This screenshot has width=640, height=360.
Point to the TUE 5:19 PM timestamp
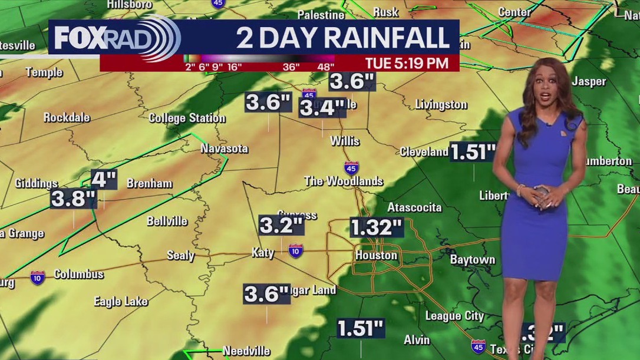[x=407, y=62]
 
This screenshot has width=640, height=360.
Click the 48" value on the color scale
[x=326, y=67]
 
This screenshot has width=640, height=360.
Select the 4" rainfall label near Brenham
[x=104, y=179]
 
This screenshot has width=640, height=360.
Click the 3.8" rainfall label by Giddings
[x=73, y=199]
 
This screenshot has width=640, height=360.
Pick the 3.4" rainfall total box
[x=322, y=108]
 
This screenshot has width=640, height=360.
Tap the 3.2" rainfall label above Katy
[x=281, y=224]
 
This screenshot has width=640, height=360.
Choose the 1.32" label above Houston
[x=376, y=227]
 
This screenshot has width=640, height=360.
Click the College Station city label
[x=187, y=118]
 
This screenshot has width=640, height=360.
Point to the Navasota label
[x=224, y=148]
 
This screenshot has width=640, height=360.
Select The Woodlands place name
[x=344, y=181]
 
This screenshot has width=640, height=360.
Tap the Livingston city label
[x=441, y=105]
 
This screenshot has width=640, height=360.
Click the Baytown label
[x=472, y=259]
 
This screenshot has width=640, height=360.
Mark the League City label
[x=454, y=316]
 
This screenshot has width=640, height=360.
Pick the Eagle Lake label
[x=121, y=301]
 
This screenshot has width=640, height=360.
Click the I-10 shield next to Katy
[x=296, y=251]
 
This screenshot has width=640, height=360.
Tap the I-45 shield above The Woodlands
[x=351, y=167]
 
